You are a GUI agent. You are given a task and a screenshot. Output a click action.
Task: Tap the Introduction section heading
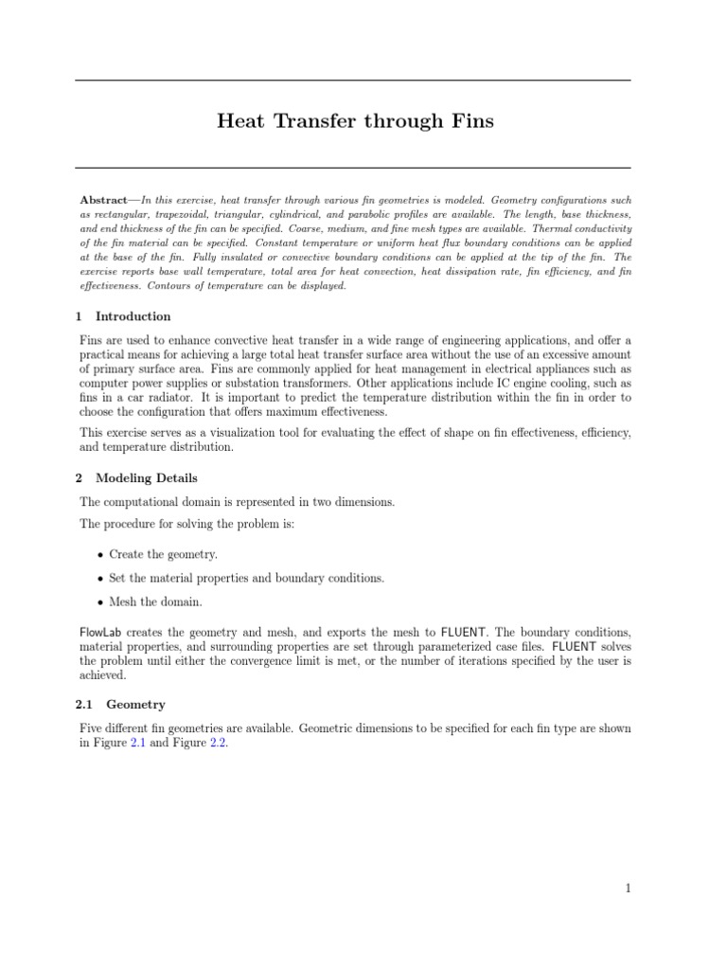pos(133,316)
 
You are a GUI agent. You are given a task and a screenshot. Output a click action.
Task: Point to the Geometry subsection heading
pos(136,705)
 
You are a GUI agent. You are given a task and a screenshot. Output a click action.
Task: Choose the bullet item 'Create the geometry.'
pos(163,554)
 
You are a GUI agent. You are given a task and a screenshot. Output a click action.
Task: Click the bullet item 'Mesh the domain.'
pos(155,601)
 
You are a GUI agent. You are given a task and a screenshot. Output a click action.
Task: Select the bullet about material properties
pos(246,578)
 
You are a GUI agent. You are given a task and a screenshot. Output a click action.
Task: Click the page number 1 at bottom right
pos(627,888)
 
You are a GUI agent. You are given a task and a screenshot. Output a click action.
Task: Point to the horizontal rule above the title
pos(352,81)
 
